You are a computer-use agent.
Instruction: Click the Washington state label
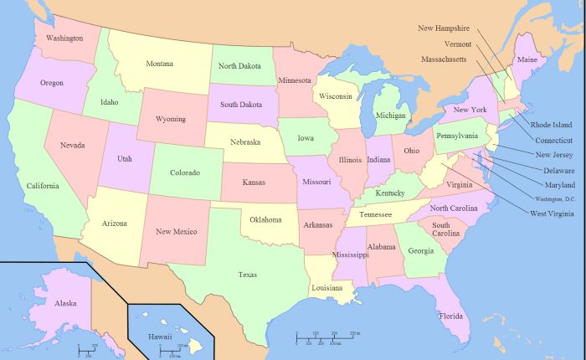64,39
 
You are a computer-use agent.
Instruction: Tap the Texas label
247,275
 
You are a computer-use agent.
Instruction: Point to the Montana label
160,64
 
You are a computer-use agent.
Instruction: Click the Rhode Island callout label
552,125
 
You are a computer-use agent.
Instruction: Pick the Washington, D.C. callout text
556,198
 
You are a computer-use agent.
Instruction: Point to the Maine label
527,60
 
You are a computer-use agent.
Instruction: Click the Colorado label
185,172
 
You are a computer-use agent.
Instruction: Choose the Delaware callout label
558,170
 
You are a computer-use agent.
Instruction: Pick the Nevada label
72,145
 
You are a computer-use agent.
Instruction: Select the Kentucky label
389,193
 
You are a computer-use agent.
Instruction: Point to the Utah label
124,158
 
